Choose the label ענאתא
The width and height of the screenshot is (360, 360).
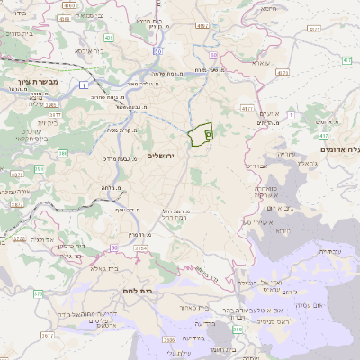point(260,64)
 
